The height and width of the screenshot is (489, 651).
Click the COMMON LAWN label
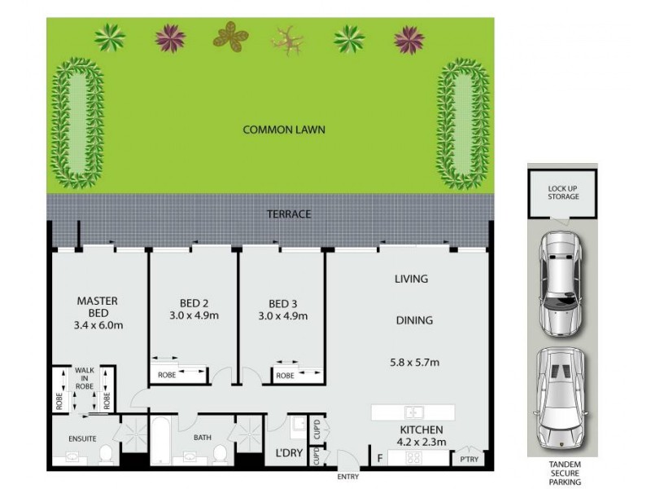tap(284, 129)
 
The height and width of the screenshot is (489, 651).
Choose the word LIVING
tap(411, 280)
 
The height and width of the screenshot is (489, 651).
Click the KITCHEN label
tap(421, 430)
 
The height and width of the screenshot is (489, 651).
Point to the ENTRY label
tap(348, 477)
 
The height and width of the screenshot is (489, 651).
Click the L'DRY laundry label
tap(289, 452)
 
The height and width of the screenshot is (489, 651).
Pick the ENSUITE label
tap(82, 439)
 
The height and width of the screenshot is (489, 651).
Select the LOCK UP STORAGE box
tap(562, 192)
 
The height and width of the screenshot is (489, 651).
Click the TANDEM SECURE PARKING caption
tap(564, 474)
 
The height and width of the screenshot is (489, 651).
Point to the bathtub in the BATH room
tap(160, 440)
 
